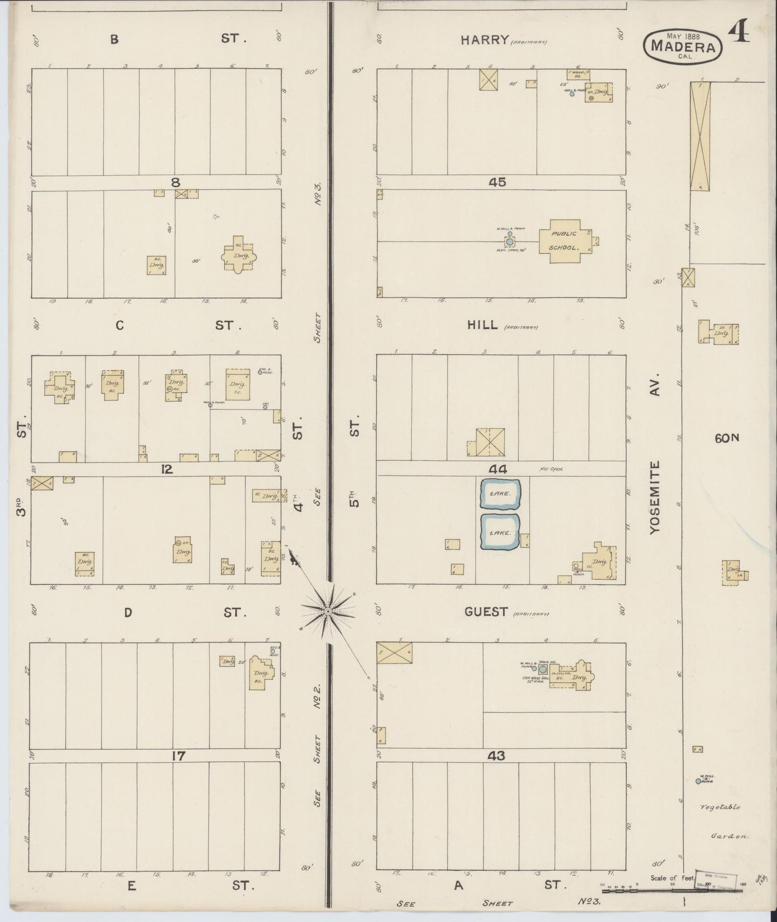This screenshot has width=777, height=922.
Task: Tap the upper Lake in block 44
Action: coord(500,493)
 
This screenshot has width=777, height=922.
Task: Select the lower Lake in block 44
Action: coord(500,533)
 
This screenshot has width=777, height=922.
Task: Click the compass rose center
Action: coord(327,612)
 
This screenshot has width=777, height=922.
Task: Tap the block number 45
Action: coord(497,182)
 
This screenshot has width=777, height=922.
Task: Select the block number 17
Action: coord(178,756)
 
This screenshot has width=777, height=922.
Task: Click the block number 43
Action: coord(496,756)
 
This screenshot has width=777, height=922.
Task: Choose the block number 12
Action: coord(167,470)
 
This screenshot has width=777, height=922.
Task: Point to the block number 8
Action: coord(175,182)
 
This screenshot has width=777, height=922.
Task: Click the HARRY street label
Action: coord(484,39)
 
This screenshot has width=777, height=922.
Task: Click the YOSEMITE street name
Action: coord(654,498)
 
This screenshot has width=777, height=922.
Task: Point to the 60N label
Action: coord(727,438)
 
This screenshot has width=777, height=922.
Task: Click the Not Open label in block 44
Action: coord(551,470)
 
